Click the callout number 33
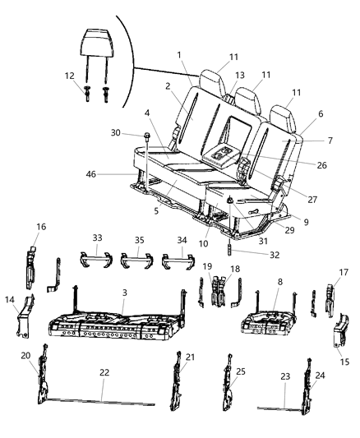99,238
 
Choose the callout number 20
25,356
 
